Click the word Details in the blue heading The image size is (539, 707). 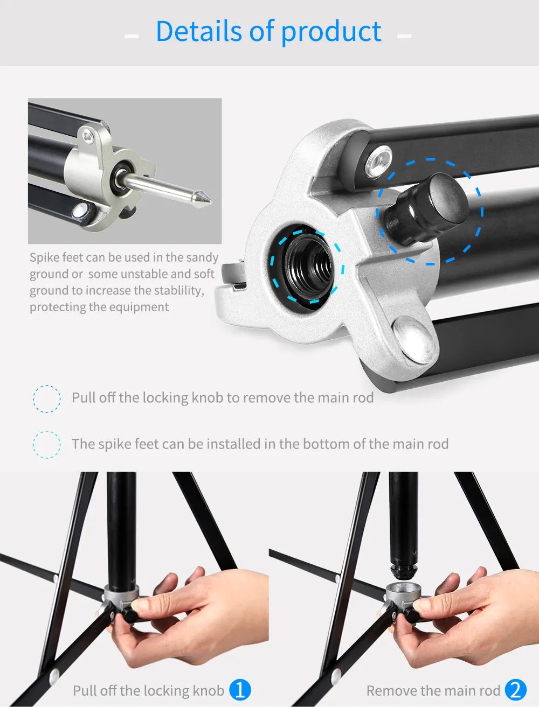click(198, 31)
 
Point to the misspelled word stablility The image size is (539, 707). click(179, 291)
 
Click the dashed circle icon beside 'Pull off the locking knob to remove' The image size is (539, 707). click(47, 399)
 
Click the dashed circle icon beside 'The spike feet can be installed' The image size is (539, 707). click(47, 444)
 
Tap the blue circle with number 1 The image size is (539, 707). click(240, 690)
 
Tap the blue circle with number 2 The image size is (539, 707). click(516, 690)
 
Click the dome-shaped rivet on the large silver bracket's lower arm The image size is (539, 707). click(414, 339)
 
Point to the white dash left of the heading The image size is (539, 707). click(132, 36)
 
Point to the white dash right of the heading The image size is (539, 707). click(404, 36)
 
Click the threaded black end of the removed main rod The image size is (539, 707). click(403, 570)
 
